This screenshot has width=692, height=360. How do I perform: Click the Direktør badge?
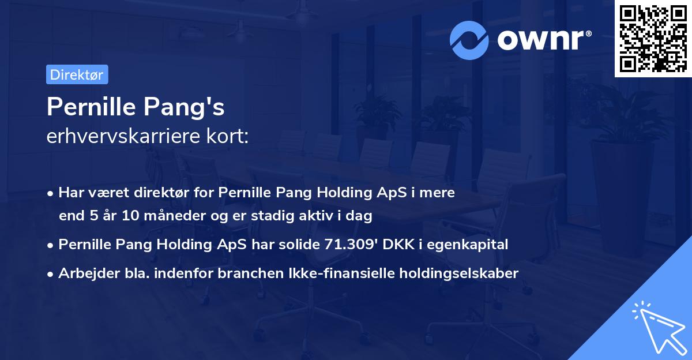click(77, 74)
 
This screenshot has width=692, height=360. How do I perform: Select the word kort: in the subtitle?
click(229, 136)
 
